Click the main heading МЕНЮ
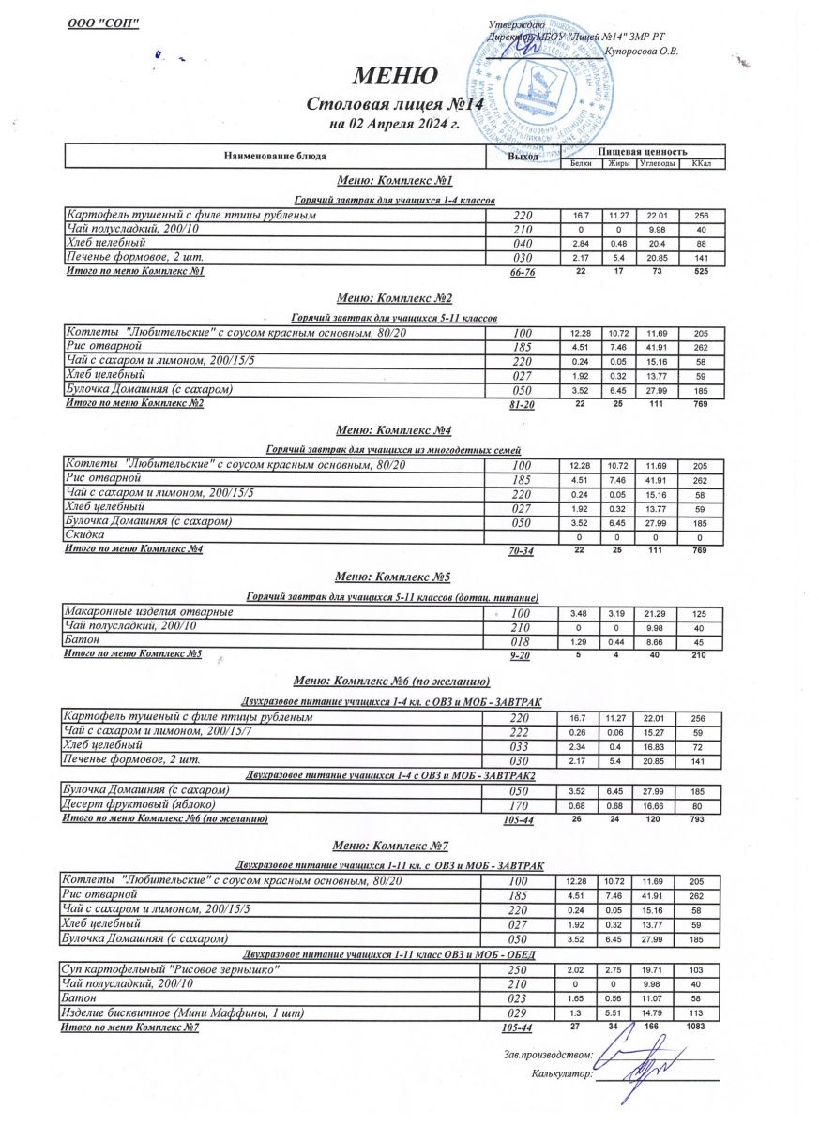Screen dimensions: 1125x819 click(394, 76)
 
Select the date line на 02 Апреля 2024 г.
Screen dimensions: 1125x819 click(393, 123)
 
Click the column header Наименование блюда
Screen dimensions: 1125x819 click(273, 155)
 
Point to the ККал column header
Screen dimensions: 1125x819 click(700, 164)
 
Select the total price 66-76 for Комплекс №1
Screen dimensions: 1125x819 click(521, 273)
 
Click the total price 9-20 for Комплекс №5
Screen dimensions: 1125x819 click(521, 656)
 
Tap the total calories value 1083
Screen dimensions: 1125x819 click(694, 1027)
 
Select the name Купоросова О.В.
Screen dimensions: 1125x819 click(643, 51)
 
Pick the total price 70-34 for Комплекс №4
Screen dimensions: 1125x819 click(521, 551)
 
